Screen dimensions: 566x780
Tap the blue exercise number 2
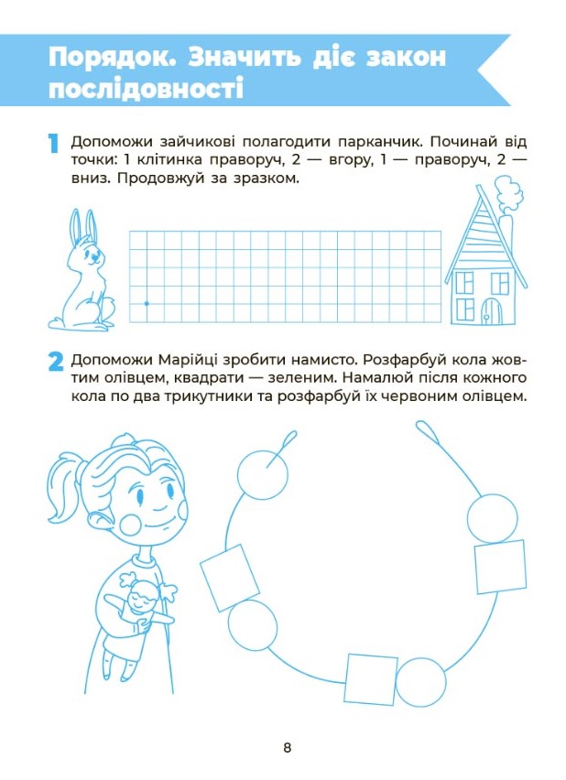click(56, 362)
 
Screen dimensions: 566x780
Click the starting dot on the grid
click(147, 303)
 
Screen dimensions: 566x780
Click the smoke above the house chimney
click(506, 195)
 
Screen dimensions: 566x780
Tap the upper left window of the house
click(463, 283)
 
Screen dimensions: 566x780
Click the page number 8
click(288, 748)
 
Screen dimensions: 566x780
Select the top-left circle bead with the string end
click(263, 473)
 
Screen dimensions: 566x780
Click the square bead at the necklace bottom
click(371, 679)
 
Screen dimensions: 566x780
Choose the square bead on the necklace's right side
click(500, 566)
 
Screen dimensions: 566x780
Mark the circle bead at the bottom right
click(420, 682)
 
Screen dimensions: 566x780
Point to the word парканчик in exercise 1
click(380, 142)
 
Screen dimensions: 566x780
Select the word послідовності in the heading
click(146, 90)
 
